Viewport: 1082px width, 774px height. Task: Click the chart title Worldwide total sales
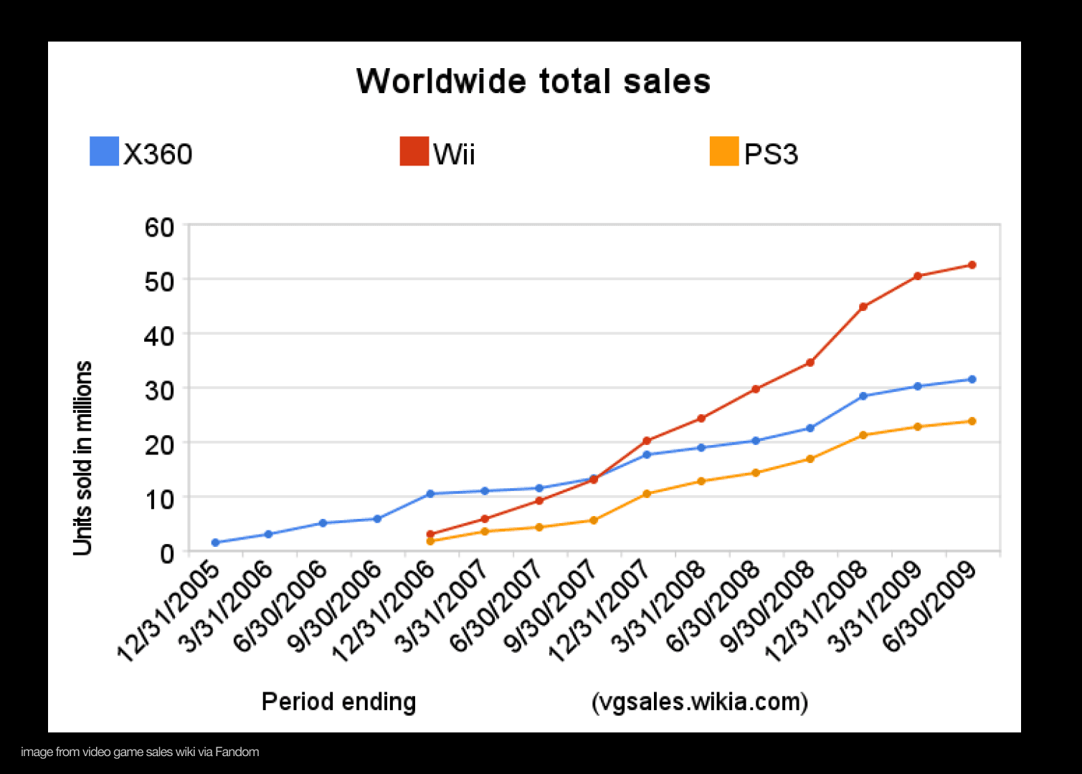533,81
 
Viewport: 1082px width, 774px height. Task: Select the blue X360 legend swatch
104,151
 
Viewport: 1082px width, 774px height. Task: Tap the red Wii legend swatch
414,151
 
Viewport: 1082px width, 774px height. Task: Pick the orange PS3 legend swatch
723,151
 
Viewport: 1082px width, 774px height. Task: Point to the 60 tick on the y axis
159,227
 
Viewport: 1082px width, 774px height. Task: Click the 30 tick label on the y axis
159,391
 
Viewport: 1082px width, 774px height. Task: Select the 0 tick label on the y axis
166,553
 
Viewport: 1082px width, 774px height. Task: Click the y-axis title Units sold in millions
83,458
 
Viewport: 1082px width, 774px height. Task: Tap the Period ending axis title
338,701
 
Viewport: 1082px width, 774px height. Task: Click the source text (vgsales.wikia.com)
700,701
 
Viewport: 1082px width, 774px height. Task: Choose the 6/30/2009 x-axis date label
930,606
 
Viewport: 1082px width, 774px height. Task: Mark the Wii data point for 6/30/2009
972,265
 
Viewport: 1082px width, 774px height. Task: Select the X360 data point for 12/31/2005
215,543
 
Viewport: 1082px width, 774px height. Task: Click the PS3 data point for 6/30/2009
972,421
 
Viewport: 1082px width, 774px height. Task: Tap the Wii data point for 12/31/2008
863,307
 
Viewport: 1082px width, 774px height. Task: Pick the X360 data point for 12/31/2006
430,494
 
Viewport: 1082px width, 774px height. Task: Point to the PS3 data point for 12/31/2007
647,494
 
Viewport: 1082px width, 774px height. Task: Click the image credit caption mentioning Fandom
140,752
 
